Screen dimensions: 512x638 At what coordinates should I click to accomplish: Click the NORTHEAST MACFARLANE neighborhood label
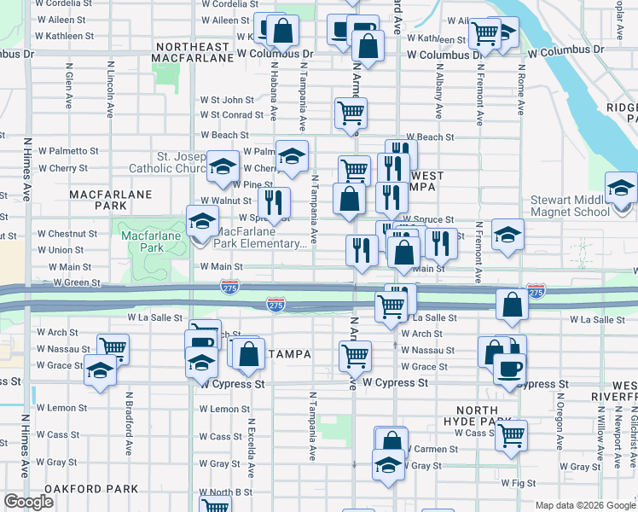pyautogui.click(x=192, y=52)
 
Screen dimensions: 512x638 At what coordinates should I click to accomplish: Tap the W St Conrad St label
pyautogui.click(x=232, y=114)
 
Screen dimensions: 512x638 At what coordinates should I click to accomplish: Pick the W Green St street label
pyautogui.click(x=77, y=282)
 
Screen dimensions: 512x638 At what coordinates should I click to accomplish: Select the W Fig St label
pyautogui.click(x=519, y=483)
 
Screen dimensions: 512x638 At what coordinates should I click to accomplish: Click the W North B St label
pyautogui.click(x=226, y=492)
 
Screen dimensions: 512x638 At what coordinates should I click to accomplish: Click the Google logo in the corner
pyautogui.click(x=29, y=502)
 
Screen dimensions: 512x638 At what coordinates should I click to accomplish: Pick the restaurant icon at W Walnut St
pyautogui.click(x=273, y=203)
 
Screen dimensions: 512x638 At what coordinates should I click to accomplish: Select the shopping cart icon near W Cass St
pyautogui.click(x=511, y=435)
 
